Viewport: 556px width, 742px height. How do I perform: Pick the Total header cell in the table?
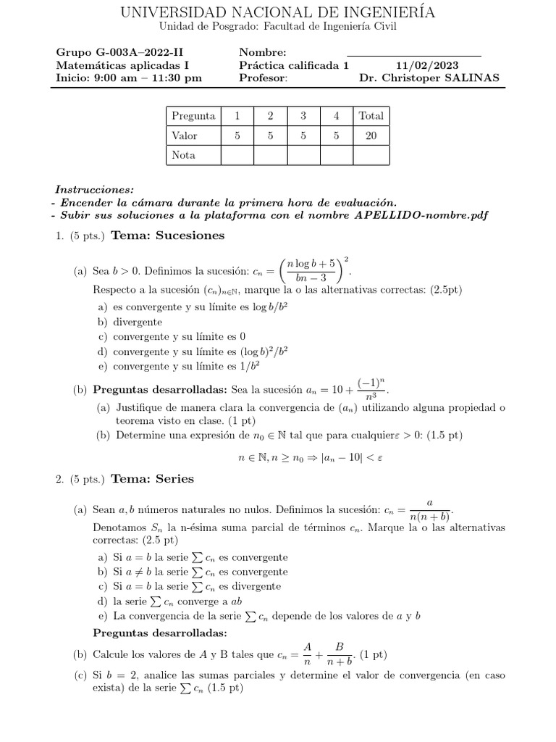tap(371, 116)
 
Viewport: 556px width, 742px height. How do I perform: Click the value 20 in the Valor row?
tap(371, 136)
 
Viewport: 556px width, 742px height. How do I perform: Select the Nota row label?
tap(184, 155)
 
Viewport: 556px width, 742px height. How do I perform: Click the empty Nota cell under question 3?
tap(303, 155)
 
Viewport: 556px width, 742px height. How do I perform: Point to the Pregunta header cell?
tap(193, 116)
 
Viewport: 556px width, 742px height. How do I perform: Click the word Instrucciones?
tap(92, 189)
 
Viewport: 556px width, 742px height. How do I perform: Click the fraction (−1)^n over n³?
tap(372, 390)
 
